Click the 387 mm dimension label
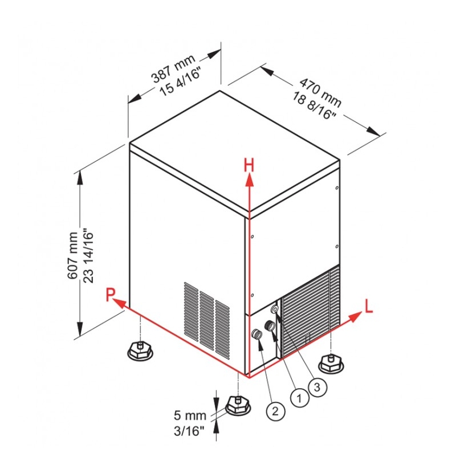click(x=173, y=68)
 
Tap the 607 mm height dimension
click(x=73, y=255)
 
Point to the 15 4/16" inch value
click(x=180, y=81)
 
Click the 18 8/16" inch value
click(x=313, y=105)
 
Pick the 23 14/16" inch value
click(x=88, y=256)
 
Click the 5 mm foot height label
click(x=190, y=415)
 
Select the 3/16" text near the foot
click(x=189, y=431)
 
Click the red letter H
click(x=249, y=165)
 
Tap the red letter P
click(x=110, y=295)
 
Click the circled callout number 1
click(x=299, y=398)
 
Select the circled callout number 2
click(x=275, y=411)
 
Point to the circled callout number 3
click(x=317, y=387)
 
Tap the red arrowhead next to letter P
click(x=119, y=303)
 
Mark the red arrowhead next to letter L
click(x=355, y=317)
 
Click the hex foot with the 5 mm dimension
click(x=238, y=406)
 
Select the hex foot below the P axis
click(x=140, y=350)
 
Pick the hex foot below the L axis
click(x=331, y=363)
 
